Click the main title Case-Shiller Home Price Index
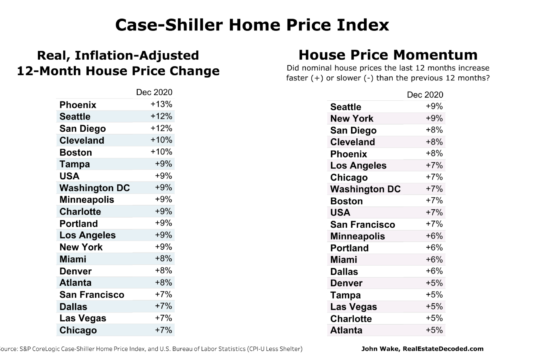click(252, 25)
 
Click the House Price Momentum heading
click(388, 55)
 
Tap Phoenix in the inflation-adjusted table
click(78, 105)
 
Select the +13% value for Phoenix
click(161, 104)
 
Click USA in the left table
click(69, 176)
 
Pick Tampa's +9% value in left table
click(163, 164)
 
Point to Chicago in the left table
click(78, 330)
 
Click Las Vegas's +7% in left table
click(163, 318)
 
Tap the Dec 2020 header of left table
click(154, 92)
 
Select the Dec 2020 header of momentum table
click(425, 95)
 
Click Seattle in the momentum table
click(346, 107)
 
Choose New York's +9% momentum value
click(434, 118)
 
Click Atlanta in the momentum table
click(346, 330)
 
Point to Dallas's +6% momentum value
click(434, 271)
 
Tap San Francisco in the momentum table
click(362, 225)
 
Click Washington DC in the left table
click(94, 188)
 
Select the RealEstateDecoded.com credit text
click(443, 349)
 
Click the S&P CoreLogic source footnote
click(151, 349)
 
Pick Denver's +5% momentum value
click(434, 283)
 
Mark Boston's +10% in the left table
click(161, 152)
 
